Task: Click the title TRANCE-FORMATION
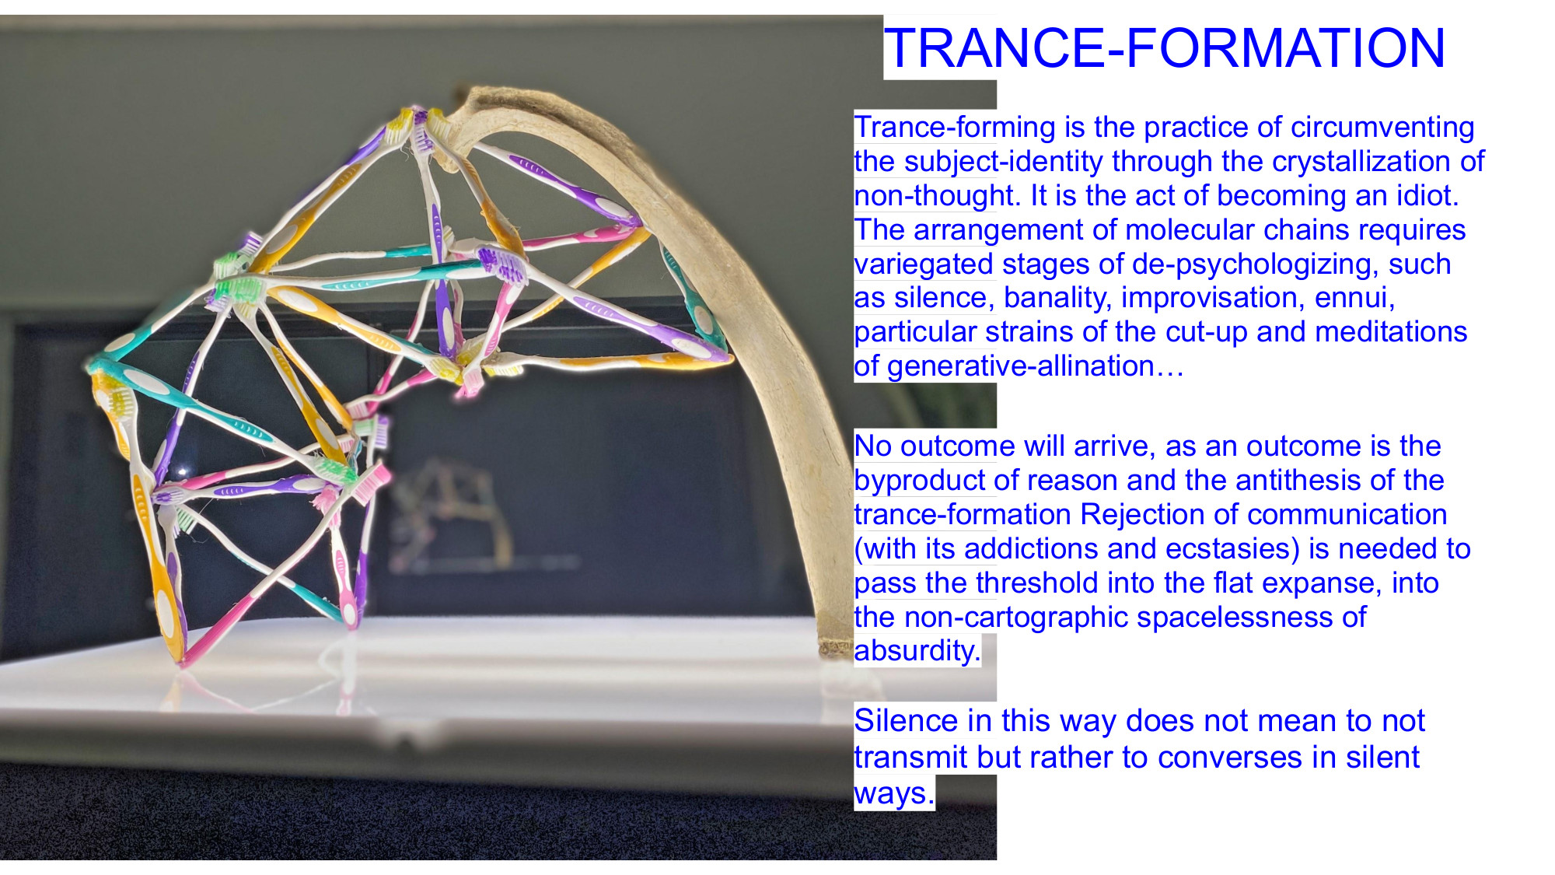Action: (1165, 48)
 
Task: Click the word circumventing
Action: (1382, 128)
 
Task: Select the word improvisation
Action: (1208, 298)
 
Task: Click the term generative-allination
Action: (1020, 366)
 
